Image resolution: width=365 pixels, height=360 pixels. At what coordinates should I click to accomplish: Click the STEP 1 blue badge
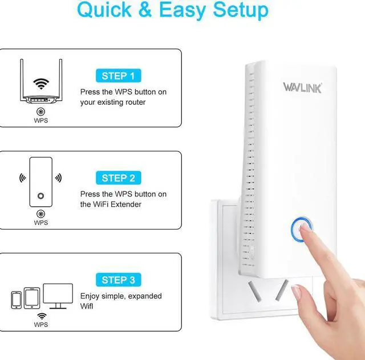pyautogui.click(x=118, y=75)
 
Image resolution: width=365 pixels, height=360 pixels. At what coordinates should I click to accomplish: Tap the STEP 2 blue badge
pyautogui.click(x=118, y=178)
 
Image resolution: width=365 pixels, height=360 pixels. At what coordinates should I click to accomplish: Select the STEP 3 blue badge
pyautogui.click(x=118, y=280)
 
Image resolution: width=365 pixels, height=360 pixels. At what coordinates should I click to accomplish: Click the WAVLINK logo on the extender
pyautogui.click(x=303, y=87)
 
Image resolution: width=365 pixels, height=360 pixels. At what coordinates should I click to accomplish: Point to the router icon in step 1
pyautogui.click(x=40, y=85)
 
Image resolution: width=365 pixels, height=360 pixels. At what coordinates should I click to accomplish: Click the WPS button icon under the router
pyautogui.click(x=40, y=112)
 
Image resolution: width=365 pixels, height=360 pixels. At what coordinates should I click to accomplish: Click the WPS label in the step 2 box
pyautogui.click(x=40, y=223)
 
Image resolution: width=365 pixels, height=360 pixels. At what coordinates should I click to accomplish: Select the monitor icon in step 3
pyautogui.click(x=58, y=296)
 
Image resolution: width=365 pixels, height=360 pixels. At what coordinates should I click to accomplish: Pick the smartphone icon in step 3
pyautogui.click(x=17, y=300)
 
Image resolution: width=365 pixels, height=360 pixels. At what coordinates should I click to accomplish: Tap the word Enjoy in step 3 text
pyautogui.click(x=90, y=296)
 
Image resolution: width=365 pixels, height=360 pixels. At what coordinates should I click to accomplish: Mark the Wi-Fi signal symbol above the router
pyautogui.click(x=40, y=84)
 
